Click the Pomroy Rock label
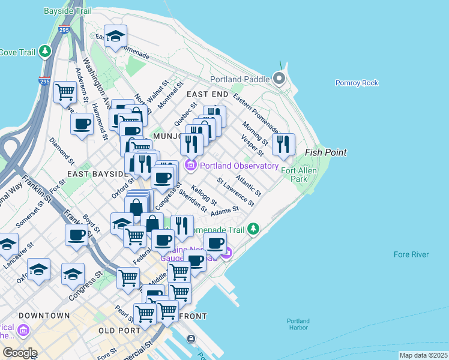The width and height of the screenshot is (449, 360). click(x=357, y=83)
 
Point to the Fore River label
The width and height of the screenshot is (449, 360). click(x=411, y=254)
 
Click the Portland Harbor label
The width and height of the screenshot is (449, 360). click(x=298, y=325)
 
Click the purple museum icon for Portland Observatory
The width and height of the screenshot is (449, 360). click(x=191, y=165)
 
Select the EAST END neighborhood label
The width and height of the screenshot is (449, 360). click(x=207, y=95)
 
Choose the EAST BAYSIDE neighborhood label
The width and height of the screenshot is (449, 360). click(x=98, y=174)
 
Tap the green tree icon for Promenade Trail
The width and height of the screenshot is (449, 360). click(x=254, y=229)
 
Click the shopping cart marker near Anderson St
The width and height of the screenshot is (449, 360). click(x=65, y=92)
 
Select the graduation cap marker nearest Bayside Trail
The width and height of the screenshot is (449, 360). click(x=115, y=35)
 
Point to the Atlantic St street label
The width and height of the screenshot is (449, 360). click(x=249, y=185)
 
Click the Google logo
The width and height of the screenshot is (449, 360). click(x=20, y=353)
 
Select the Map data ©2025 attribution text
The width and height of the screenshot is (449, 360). click(x=423, y=355)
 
